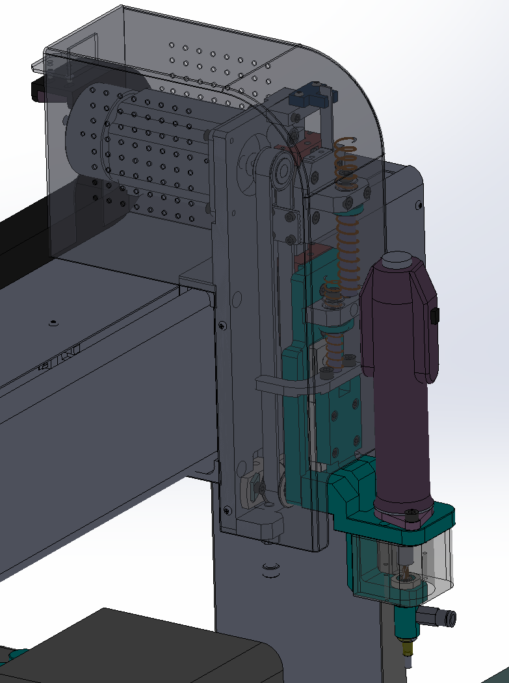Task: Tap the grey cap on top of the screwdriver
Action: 396,261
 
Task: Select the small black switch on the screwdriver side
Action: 435,316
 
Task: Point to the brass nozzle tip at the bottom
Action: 408,647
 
